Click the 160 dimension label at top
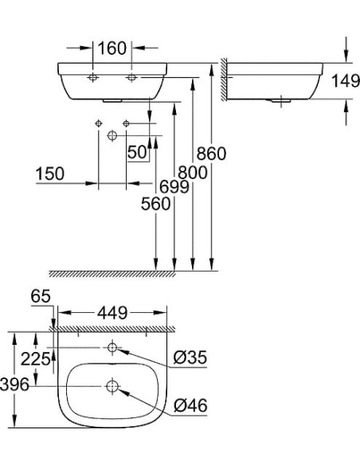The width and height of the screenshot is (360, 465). coord(112,48)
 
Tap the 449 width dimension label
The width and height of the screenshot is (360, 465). coord(112,313)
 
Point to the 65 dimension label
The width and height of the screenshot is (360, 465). coord(41,296)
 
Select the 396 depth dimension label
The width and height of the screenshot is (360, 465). coord(15,385)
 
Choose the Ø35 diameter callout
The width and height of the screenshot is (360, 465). coord(190,358)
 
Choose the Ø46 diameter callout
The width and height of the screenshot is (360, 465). coord(190,406)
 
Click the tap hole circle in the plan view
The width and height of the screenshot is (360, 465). coord(112,347)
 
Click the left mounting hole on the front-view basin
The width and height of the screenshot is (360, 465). coord(92,78)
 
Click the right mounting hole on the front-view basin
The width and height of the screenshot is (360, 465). coord(131,78)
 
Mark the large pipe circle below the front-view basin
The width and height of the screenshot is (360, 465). coord(112,136)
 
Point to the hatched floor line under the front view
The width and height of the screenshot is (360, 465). coord(112,273)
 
